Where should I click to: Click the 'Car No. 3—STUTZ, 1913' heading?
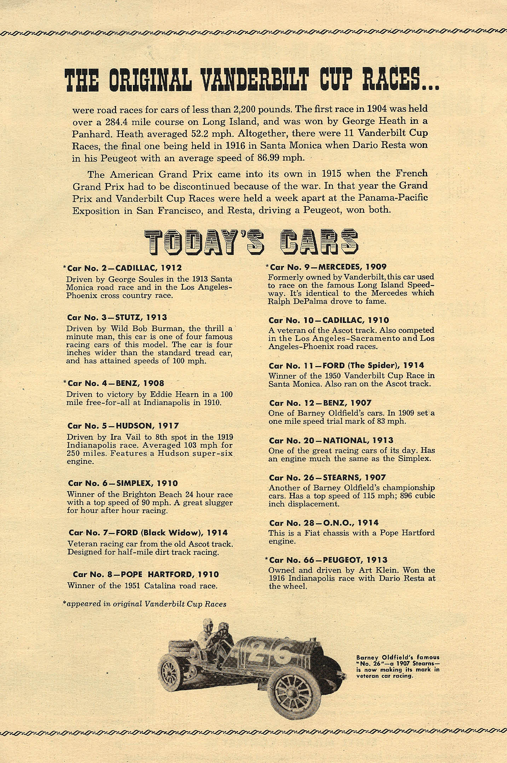click(x=117, y=317)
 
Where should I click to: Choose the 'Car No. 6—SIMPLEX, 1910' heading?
click(x=123, y=483)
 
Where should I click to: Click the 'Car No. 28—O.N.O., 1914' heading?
click(x=324, y=523)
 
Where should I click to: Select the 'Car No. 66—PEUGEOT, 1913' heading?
click(x=328, y=560)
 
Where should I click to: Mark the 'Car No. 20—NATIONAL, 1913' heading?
click(x=331, y=440)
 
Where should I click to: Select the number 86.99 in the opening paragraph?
click(x=270, y=158)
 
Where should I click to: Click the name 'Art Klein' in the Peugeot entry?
click(x=380, y=570)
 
